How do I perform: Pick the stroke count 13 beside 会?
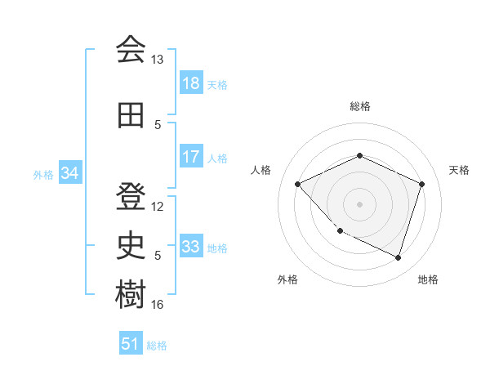(158, 60)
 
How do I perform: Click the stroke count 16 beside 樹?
(158, 305)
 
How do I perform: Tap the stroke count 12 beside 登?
(158, 206)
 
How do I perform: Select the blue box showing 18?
(190, 83)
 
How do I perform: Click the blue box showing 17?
(190, 157)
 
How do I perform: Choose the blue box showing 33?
(190, 247)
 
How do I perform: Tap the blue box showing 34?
(69, 172)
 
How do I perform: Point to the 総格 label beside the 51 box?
(157, 346)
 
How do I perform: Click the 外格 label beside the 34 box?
(43, 174)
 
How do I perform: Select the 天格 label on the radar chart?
(459, 170)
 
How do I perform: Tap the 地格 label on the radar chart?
(428, 279)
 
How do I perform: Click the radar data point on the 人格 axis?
(298, 184)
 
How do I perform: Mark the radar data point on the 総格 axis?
(359, 155)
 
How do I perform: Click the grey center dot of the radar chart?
(359, 203)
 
